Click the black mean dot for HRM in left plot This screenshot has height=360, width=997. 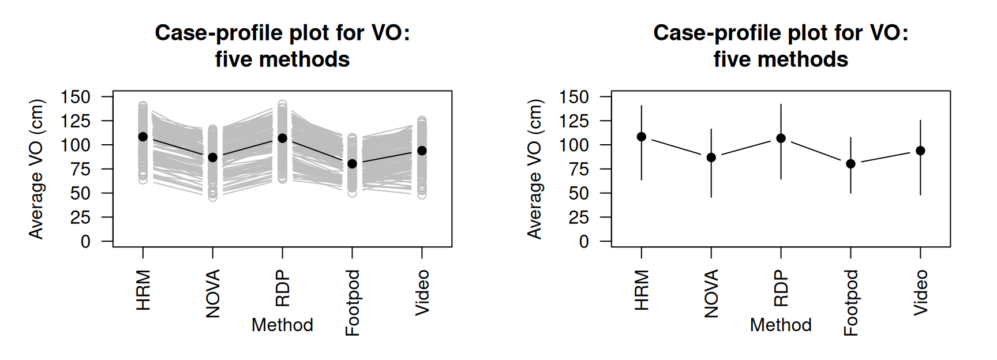(143, 137)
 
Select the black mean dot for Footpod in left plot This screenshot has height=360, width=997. (352, 164)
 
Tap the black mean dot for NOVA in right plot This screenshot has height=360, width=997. (711, 157)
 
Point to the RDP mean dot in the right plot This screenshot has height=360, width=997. (781, 138)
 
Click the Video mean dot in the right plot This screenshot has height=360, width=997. (920, 151)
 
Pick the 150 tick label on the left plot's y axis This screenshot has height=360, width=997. (76, 97)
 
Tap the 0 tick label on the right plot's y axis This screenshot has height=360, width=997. (584, 242)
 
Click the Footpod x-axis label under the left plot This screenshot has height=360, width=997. (352, 302)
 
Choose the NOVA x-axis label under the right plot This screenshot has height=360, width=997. (711, 293)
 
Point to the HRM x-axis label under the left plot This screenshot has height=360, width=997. (143, 290)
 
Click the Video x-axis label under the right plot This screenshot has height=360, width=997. (920, 292)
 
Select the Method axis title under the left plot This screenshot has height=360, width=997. (282, 325)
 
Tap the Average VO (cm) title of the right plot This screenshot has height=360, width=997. (534, 169)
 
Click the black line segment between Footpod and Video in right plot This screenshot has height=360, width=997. (886, 157)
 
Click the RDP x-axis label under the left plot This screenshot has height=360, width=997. (282, 288)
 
